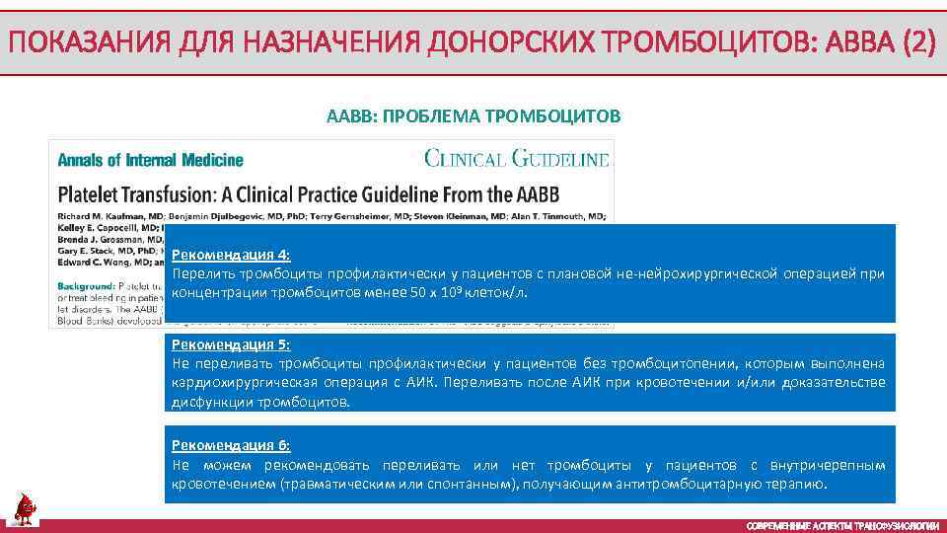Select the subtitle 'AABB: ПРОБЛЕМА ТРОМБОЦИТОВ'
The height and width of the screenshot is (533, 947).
(473, 116)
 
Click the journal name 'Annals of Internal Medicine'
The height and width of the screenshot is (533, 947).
(150, 160)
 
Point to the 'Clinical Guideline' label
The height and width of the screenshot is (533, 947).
(517, 158)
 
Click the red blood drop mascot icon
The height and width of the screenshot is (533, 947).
(25, 507)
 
